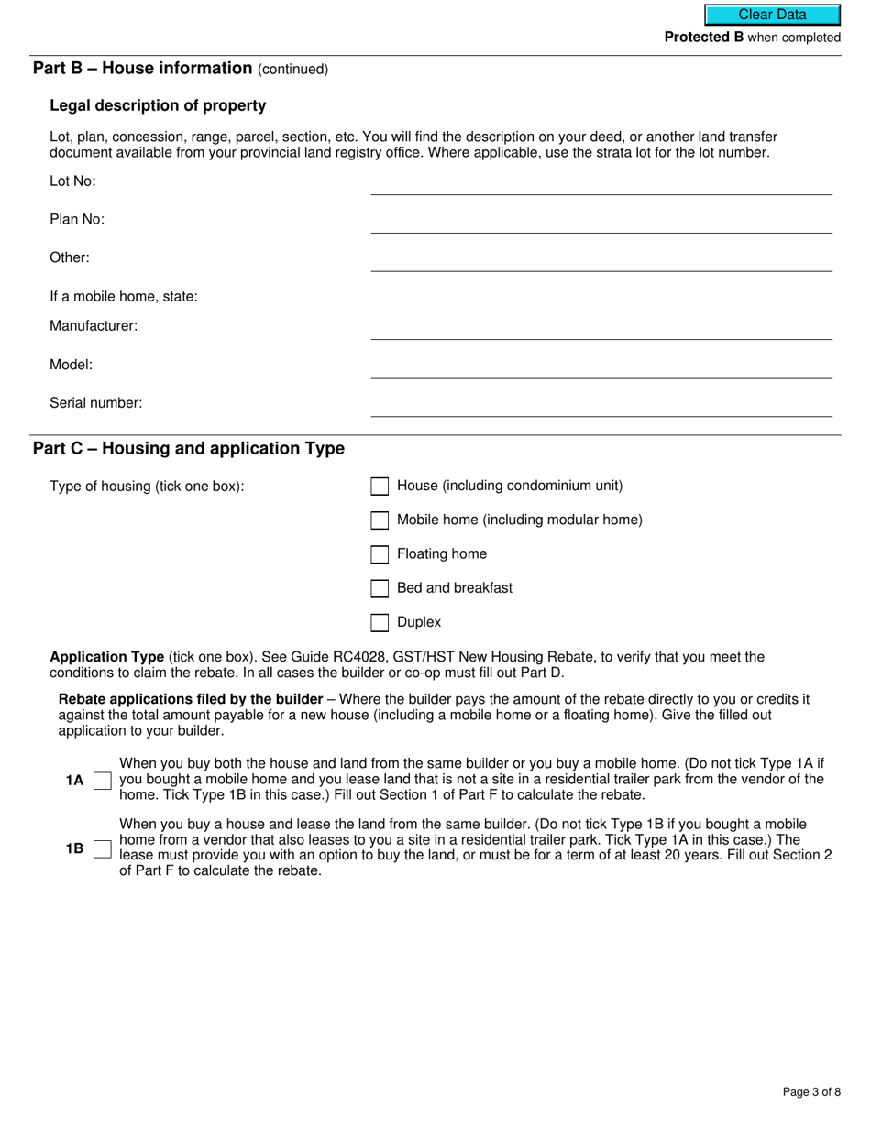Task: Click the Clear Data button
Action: [772, 15]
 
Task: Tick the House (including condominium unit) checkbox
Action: [380, 487]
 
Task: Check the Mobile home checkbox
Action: [380, 520]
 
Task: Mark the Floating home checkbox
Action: [380, 554]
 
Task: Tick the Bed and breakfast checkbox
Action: [380, 588]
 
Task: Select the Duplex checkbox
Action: [380, 623]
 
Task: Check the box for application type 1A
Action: [103, 781]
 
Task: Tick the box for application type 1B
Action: [103, 849]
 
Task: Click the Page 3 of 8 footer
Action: [811, 1091]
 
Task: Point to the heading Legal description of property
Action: [158, 105]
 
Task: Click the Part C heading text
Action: [189, 448]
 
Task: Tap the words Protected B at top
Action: [703, 38]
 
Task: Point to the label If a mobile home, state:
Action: [124, 297]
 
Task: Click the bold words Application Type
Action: [106, 657]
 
